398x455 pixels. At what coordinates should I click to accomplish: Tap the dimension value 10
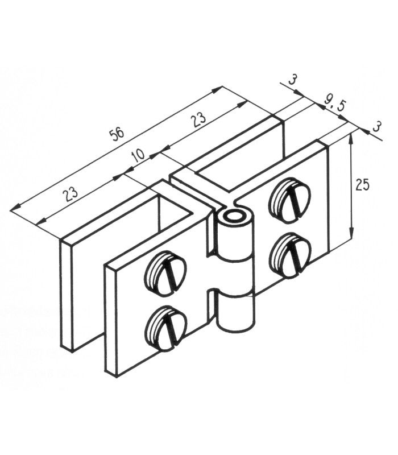click(x=139, y=156)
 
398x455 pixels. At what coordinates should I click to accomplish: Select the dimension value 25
click(x=363, y=184)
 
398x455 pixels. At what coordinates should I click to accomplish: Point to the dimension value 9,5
click(x=334, y=105)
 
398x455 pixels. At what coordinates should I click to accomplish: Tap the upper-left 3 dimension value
click(x=293, y=80)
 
